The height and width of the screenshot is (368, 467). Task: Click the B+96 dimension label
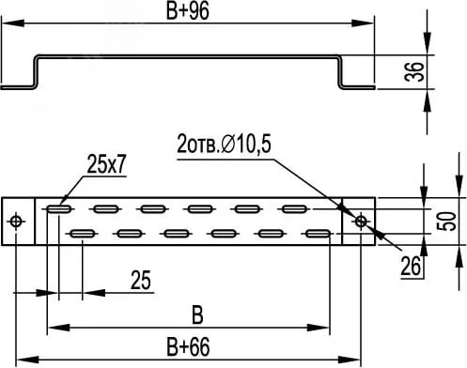coord(187,11)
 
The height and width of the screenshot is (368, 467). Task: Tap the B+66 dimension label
coord(188,346)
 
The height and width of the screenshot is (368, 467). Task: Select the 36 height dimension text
coord(414,71)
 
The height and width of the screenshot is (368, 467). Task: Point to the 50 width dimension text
coord(446,222)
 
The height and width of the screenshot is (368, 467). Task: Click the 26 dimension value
coord(411,267)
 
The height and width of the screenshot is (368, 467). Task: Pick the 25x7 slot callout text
coord(107,164)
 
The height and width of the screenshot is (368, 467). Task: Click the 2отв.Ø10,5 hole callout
coord(224,145)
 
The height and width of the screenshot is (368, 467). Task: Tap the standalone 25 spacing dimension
coord(141,280)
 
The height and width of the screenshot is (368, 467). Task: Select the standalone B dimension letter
coord(197,315)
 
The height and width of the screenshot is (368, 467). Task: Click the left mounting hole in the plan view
coord(17,222)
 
